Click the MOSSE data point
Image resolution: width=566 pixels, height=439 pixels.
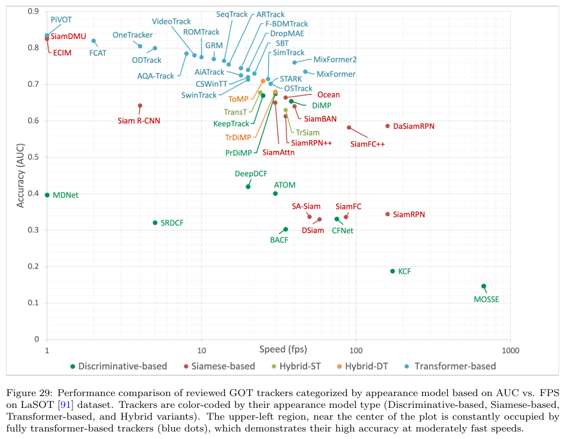483,286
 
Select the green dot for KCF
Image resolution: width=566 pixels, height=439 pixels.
392,271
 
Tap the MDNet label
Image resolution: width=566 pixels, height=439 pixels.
66,195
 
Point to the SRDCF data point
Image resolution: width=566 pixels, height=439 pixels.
155,222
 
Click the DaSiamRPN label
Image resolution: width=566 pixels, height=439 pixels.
413,126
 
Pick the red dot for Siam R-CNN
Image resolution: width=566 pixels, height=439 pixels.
140,106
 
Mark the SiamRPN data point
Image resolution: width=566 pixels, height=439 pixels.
387,214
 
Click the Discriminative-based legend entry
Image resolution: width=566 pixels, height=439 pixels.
123,367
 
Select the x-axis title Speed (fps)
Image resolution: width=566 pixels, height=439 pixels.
282,349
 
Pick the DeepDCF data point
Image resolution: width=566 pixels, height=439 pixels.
248,187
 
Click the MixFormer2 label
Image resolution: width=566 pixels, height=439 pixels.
335,60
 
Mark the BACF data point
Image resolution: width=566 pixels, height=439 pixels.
286,229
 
